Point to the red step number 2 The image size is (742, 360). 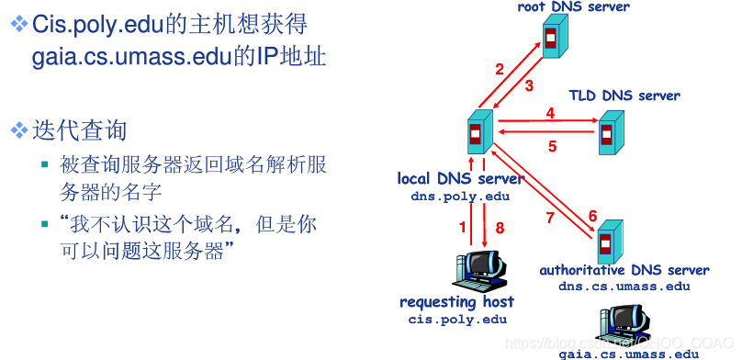(500, 69)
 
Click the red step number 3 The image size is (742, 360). (529, 86)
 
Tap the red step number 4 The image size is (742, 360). (550, 113)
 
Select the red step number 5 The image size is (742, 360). (552, 145)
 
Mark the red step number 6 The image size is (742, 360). (592, 216)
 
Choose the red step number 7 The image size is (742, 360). (550, 218)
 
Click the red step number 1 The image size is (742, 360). (463, 227)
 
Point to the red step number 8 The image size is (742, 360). (500, 227)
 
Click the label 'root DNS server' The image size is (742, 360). (573, 7)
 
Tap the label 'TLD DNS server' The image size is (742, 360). (624, 96)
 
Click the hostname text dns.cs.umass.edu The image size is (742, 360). (624, 286)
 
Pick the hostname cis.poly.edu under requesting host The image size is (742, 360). (457, 319)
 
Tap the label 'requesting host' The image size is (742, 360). (457, 302)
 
